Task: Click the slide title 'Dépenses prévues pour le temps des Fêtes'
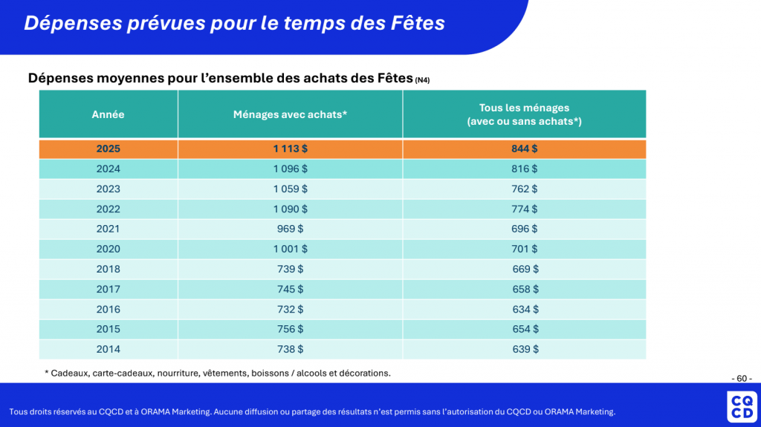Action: coord(234,23)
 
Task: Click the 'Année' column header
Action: coord(108,114)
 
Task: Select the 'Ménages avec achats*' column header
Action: coord(290,114)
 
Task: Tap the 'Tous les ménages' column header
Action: coord(524,114)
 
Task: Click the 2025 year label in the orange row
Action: coord(108,149)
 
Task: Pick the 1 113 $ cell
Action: coord(290,149)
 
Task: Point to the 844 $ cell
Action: coord(525,149)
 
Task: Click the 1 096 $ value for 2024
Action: coord(290,169)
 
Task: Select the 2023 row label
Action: coord(108,189)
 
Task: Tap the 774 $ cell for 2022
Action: coord(525,209)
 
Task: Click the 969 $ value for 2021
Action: coord(290,229)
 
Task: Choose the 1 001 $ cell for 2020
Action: coord(290,249)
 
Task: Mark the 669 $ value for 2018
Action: coord(525,269)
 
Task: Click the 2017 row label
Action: coord(108,289)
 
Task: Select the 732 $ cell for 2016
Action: coord(290,309)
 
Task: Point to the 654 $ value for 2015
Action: coord(525,329)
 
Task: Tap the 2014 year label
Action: coord(108,349)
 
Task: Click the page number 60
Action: coord(741,378)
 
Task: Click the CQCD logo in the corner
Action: coord(741,406)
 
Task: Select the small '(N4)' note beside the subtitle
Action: coord(422,80)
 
